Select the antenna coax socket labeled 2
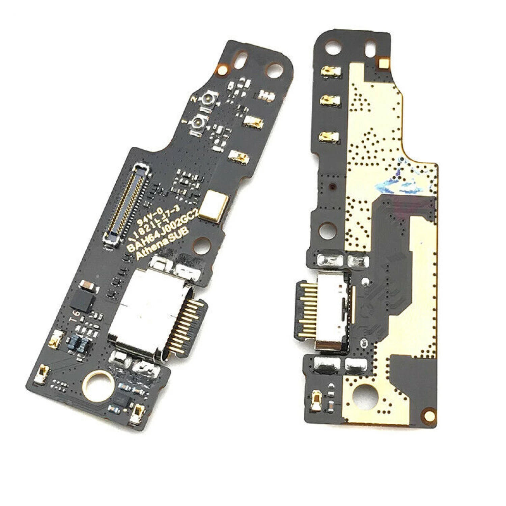click(208, 100)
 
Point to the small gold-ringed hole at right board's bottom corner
click(429, 414)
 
